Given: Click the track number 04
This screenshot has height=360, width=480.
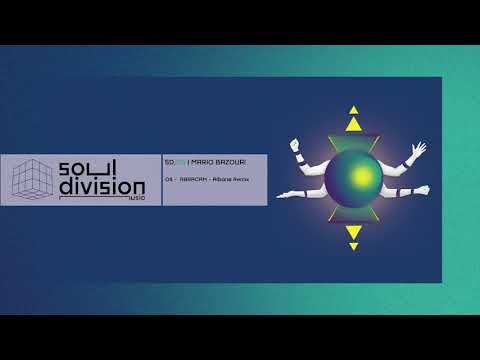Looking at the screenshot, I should click(x=170, y=178).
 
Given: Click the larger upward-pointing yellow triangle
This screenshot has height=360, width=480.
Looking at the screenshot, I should click(x=353, y=123).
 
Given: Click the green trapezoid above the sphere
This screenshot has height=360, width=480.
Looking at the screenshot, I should click(x=353, y=140).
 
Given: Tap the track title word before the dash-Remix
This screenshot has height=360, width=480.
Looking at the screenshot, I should click(x=193, y=178).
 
